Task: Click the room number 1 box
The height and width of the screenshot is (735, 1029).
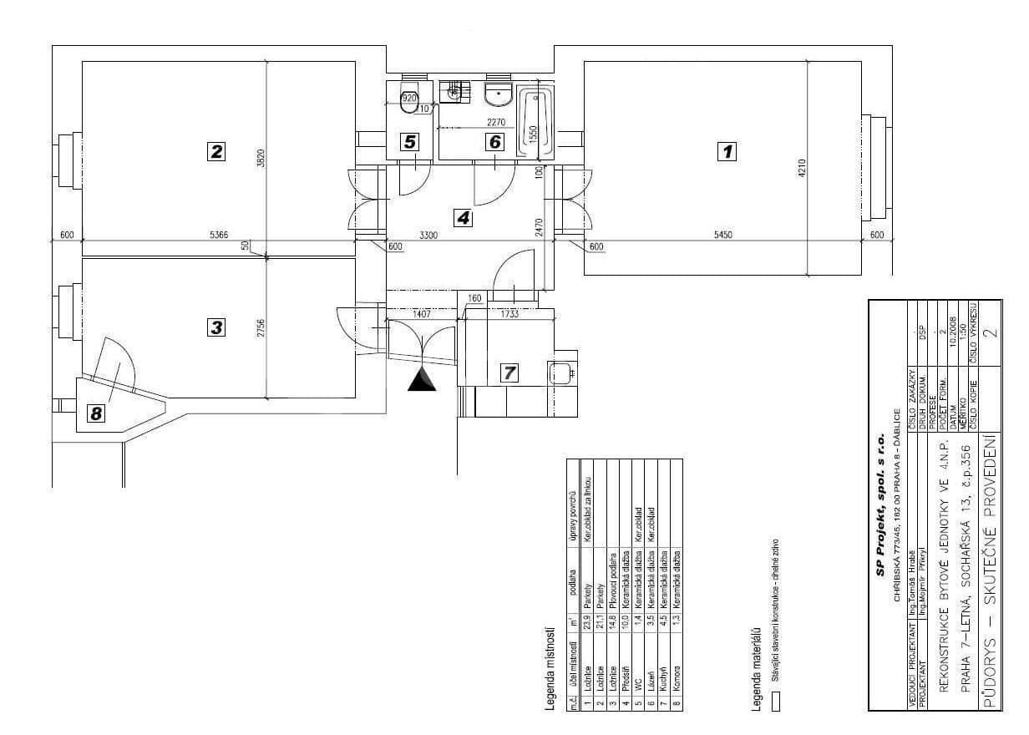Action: [x=727, y=151]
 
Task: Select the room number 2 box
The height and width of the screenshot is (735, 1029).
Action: [x=217, y=151]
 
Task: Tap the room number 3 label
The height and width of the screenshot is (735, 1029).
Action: [x=217, y=327]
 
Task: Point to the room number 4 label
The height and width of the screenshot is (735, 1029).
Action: [x=463, y=218]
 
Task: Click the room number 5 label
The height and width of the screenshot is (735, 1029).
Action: [x=409, y=142]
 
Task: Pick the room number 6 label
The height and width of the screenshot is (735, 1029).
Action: [x=495, y=142]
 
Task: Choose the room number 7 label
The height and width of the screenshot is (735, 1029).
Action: [x=508, y=373]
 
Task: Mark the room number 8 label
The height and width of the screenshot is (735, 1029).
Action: [x=98, y=412]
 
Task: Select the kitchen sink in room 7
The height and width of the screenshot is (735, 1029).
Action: [x=559, y=373]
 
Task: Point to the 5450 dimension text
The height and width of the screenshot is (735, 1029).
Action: [x=723, y=236]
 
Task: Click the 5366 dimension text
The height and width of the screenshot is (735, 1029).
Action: [x=219, y=236]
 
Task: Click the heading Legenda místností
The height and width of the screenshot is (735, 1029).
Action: [x=550, y=668]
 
